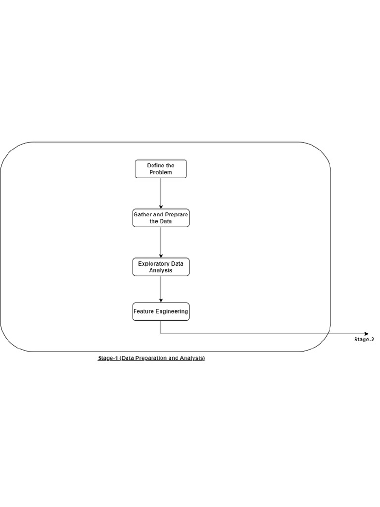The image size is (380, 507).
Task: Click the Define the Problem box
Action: click(161, 169)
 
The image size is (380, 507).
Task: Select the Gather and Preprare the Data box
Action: click(161, 218)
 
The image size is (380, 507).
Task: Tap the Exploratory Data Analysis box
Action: click(161, 267)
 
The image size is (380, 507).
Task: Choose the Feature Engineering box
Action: click(161, 312)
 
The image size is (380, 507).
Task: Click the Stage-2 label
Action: click(364, 340)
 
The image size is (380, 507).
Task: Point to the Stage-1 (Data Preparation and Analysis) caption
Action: click(151, 358)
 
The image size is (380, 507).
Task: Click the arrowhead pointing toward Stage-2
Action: click(366, 334)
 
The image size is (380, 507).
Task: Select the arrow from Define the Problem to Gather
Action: click(161, 194)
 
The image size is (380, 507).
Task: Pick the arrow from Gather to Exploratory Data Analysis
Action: click(161, 243)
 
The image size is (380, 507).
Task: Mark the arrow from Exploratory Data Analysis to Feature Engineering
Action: click(161, 289)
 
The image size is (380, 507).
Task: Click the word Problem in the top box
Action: click(161, 172)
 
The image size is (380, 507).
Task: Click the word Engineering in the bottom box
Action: click(172, 311)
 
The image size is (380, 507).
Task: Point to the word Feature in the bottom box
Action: click(144, 311)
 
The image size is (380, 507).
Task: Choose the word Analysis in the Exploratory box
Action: click(161, 271)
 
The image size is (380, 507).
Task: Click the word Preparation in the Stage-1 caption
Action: click(152, 358)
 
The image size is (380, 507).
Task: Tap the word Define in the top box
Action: click(153, 165)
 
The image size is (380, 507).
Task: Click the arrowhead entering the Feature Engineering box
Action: click(161, 301)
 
